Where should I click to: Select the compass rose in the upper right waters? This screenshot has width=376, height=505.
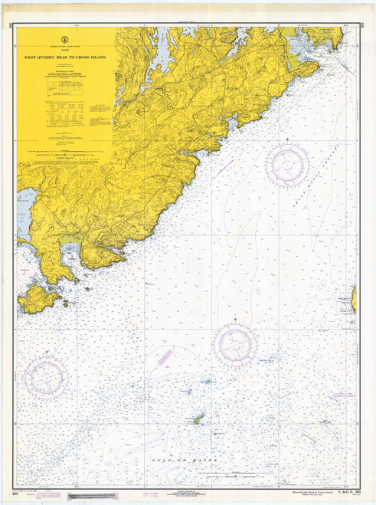(287, 164)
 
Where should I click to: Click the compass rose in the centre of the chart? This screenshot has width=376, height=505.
(235, 343)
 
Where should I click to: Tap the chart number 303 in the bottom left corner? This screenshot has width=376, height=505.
(15, 493)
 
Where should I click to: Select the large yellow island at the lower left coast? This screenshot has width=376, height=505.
(38, 297)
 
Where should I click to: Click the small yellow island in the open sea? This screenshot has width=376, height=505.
(198, 419)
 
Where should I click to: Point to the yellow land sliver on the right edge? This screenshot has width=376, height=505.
(354, 298)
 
